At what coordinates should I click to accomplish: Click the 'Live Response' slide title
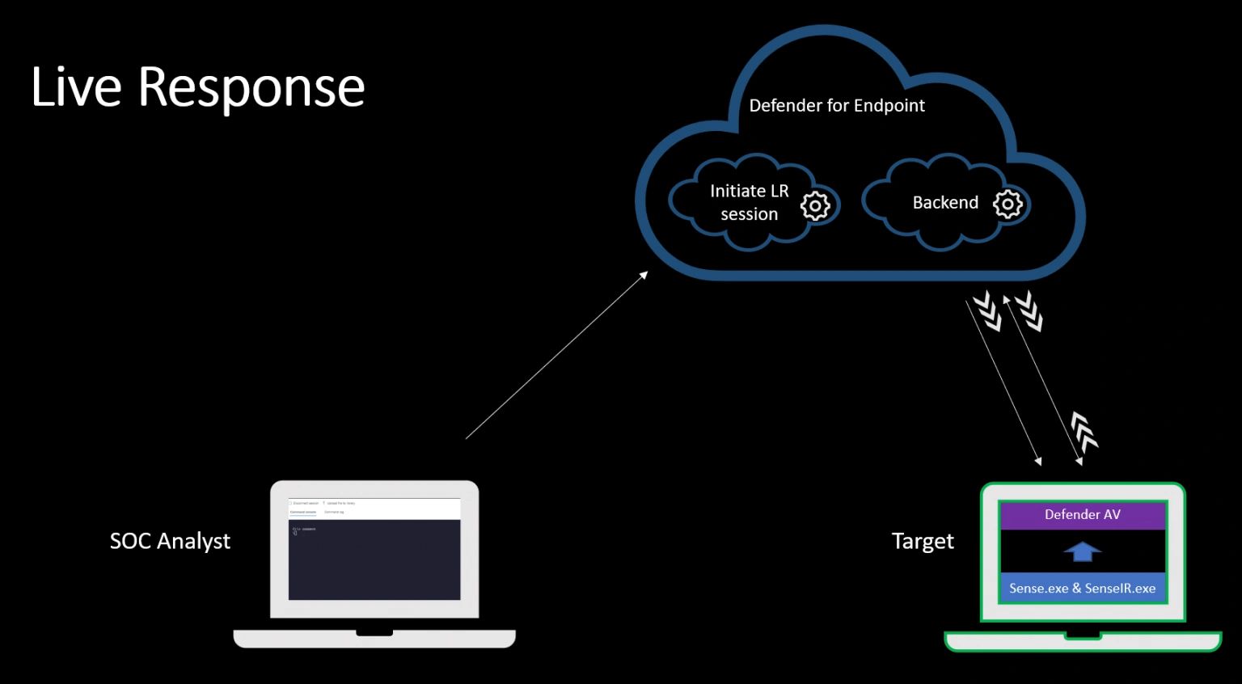click(x=198, y=87)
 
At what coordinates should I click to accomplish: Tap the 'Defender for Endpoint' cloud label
click(x=837, y=106)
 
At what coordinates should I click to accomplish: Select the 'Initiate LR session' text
click(x=749, y=202)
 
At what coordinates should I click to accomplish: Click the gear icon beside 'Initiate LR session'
click(x=815, y=206)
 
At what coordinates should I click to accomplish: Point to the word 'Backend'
click(x=945, y=203)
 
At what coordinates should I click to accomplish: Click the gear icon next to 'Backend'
click(x=1008, y=204)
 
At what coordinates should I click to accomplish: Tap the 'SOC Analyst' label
click(x=170, y=541)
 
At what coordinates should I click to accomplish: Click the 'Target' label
click(x=923, y=541)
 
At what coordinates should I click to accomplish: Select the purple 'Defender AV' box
click(x=1082, y=515)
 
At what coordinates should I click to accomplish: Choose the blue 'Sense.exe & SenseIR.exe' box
click(x=1082, y=589)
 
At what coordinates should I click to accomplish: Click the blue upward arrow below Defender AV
click(x=1083, y=551)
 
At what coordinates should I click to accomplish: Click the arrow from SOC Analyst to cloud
click(x=556, y=356)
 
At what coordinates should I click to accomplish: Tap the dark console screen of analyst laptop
click(x=374, y=559)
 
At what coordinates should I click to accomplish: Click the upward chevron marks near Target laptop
click(x=1084, y=430)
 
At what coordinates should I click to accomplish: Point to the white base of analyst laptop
click(x=374, y=639)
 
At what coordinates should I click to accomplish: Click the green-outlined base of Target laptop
click(x=1083, y=641)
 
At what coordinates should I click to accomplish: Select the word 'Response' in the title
click(x=251, y=87)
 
